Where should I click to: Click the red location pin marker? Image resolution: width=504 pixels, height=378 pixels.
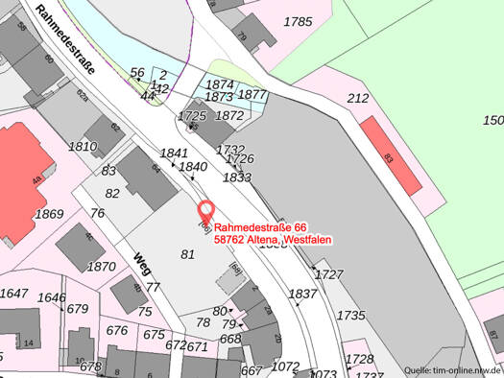(204, 211)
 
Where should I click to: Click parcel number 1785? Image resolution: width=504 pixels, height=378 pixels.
(299, 21)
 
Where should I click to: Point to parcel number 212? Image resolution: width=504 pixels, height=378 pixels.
(358, 98)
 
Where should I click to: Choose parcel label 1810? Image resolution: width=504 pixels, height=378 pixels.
(84, 147)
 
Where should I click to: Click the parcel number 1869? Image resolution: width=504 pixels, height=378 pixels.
(48, 214)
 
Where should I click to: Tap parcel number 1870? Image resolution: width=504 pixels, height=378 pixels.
(101, 267)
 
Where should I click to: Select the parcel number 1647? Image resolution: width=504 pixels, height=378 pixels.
(13, 294)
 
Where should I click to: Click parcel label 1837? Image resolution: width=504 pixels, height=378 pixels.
(302, 294)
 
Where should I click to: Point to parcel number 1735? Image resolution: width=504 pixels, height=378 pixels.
(350, 315)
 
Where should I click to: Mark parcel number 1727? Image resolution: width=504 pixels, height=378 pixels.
(328, 274)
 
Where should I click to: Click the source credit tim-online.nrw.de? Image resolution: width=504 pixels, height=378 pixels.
(451, 369)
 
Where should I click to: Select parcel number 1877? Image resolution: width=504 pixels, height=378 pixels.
(252, 95)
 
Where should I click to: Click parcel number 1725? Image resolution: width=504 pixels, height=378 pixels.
(193, 116)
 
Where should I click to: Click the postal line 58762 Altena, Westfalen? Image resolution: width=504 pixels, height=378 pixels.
(272, 239)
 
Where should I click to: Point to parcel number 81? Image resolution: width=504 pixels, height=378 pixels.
(187, 253)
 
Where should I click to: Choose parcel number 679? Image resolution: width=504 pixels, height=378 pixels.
(78, 309)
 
